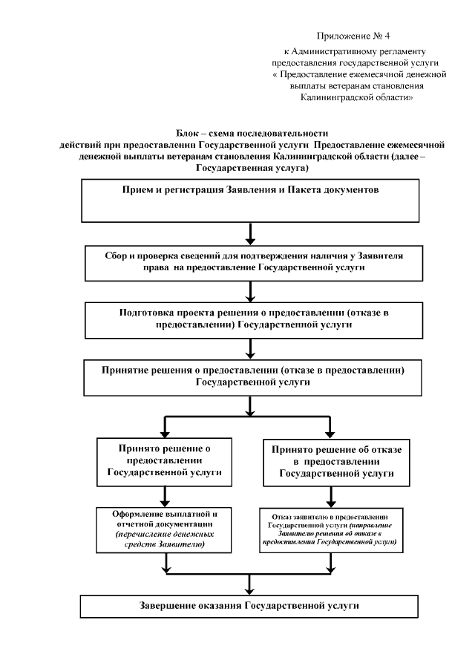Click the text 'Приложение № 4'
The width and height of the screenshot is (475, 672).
click(347, 36)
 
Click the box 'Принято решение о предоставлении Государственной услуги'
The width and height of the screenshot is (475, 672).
click(166, 460)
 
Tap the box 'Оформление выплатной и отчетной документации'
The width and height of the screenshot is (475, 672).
click(165, 529)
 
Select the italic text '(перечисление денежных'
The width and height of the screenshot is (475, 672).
click(165, 535)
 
